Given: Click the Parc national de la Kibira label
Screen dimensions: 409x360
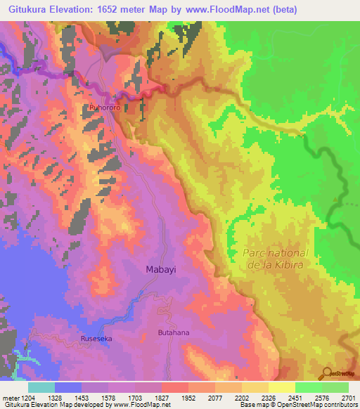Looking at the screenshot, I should click(x=276, y=259).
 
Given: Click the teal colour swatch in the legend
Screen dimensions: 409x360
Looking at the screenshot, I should click(x=41, y=387).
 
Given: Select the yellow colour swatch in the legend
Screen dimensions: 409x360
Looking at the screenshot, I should click(x=281, y=387).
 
